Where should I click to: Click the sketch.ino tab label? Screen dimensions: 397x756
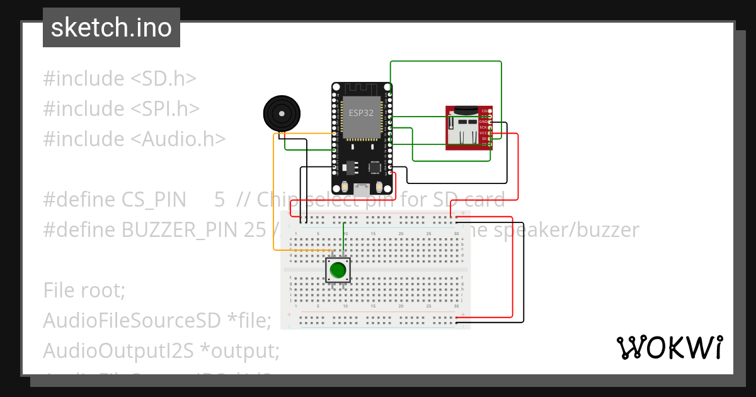point(111,28)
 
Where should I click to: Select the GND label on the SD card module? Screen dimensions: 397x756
point(483,122)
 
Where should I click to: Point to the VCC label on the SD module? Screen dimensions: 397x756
point(483,133)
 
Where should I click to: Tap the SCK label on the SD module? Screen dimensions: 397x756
point(483,127)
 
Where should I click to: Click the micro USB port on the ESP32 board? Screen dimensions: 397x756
point(363,187)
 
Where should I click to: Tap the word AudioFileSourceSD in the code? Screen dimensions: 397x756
point(132,321)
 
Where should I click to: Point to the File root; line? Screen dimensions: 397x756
point(84,291)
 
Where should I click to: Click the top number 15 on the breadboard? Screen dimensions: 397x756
point(373,234)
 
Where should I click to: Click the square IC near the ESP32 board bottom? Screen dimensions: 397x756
point(375,167)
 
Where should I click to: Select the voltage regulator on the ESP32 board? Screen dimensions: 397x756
point(351,167)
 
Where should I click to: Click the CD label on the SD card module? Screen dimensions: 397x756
point(484,111)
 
